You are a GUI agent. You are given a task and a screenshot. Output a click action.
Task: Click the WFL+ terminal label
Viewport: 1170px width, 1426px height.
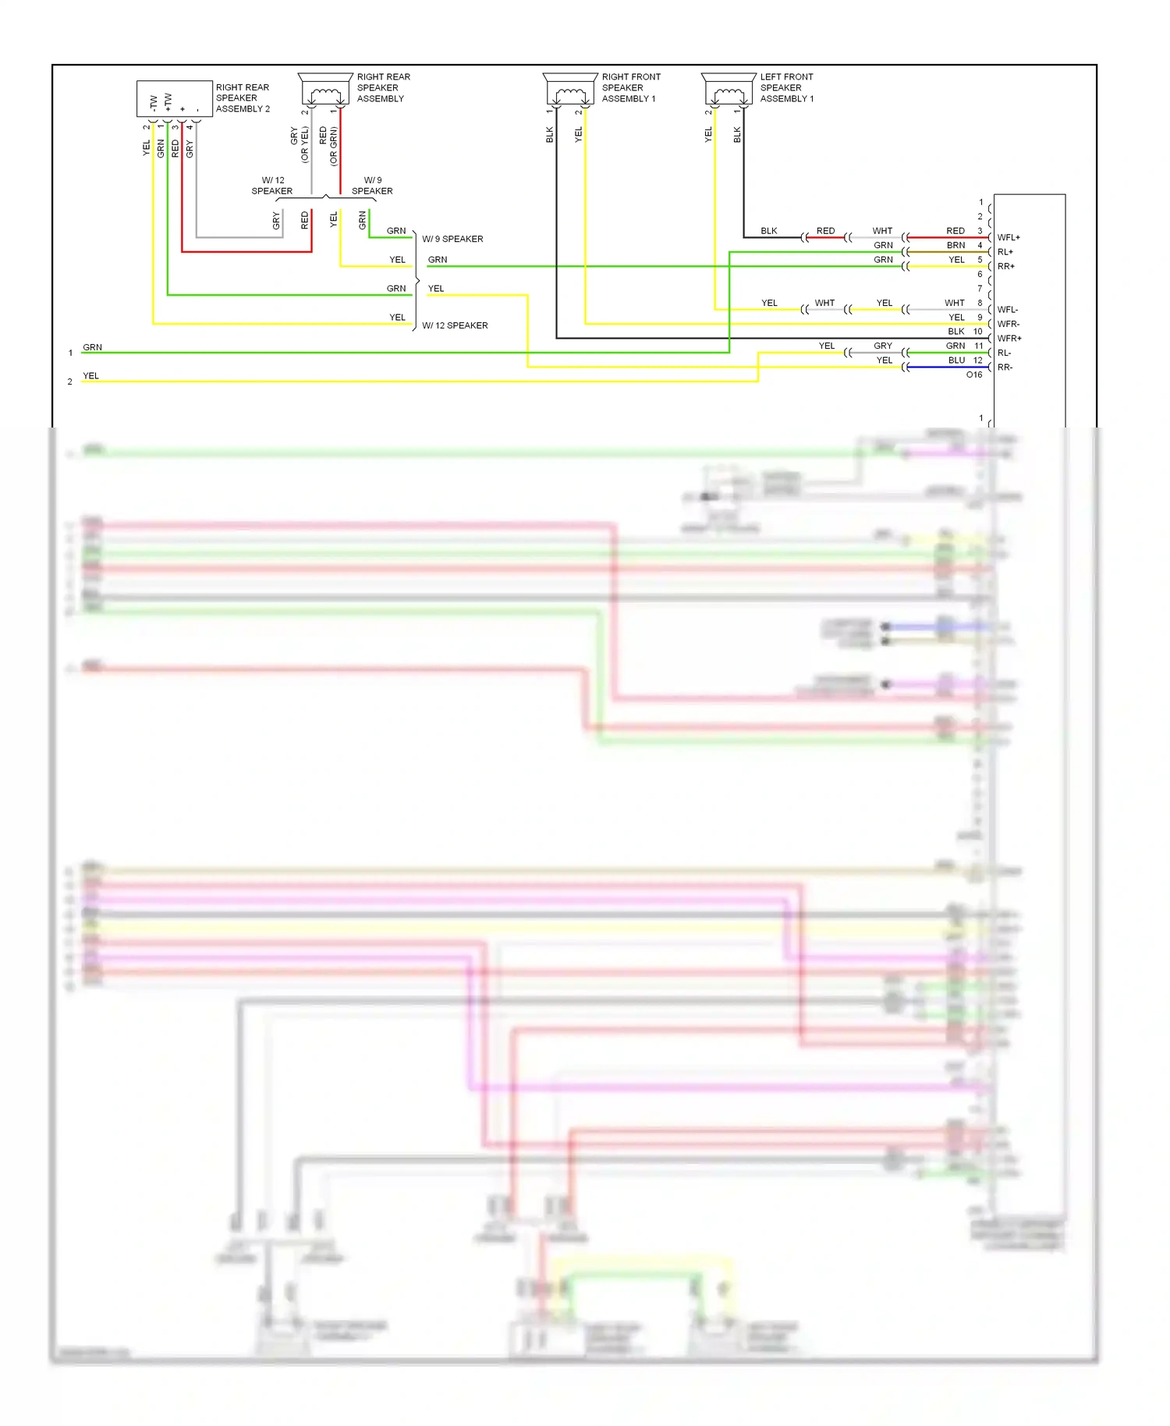coord(1008,237)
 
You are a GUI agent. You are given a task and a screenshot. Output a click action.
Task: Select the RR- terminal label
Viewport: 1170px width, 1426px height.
coord(1005,367)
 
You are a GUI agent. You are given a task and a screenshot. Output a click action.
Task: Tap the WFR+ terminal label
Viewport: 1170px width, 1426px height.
coord(1009,338)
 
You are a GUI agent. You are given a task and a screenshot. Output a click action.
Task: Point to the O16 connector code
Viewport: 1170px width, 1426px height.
coord(973,374)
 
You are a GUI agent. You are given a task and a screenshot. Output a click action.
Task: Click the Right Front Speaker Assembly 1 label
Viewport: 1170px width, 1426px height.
coord(630,87)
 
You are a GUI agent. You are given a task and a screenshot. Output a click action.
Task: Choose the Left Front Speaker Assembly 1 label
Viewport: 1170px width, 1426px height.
coord(786,87)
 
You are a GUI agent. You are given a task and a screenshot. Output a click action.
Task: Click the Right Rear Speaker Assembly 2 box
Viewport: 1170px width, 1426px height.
coord(175,99)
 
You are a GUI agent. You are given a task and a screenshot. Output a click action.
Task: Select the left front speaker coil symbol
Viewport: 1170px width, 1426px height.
coord(729,94)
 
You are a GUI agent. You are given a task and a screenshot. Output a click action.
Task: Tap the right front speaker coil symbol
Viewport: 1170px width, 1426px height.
coord(570,94)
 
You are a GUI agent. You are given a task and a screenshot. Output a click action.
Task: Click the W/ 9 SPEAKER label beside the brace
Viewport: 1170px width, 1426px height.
coord(452,239)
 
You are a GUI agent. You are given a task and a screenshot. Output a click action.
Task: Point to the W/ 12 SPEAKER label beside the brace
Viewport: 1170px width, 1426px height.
coord(455,325)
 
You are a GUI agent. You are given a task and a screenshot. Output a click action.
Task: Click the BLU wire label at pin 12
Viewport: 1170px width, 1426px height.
coord(956,360)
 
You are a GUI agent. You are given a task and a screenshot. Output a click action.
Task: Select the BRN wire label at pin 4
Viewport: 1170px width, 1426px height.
coord(955,245)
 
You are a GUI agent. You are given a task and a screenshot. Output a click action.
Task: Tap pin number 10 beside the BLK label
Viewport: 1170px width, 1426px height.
coord(977,331)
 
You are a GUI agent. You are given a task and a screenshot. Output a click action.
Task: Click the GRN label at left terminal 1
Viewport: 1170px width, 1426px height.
coord(92,347)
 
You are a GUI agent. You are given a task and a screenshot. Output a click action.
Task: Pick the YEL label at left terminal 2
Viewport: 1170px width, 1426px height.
coord(90,375)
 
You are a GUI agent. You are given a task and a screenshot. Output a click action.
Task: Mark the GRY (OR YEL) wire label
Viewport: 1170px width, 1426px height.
coord(300,144)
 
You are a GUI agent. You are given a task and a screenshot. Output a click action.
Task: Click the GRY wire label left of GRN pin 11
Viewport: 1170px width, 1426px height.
coord(882,346)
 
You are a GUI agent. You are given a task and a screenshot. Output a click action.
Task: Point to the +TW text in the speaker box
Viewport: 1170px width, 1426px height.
coord(168,102)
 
